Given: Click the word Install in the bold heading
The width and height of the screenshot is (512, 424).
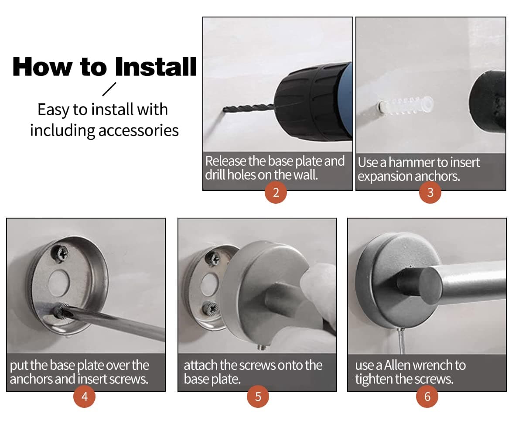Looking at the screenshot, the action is (x=156, y=67).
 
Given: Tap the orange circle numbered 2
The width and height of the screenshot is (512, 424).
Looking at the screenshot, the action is (x=276, y=192).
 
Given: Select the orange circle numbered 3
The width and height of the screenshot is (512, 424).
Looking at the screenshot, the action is (x=430, y=192).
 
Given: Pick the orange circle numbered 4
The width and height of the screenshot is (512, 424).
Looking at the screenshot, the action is (x=85, y=397).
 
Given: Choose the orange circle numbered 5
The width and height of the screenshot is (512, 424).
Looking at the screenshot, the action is (x=258, y=397).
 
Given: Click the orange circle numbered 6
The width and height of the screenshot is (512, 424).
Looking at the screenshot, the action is (x=427, y=397).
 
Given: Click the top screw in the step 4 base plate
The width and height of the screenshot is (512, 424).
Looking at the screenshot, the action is (x=60, y=253).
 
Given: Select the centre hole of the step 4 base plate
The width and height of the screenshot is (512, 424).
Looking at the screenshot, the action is (x=59, y=283).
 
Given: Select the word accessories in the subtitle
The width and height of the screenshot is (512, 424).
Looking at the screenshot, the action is (x=138, y=131).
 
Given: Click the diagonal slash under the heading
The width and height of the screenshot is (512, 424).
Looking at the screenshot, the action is (x=109, y=89).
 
